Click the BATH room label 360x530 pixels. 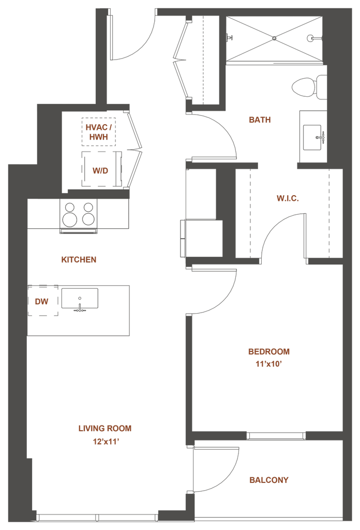(x=260, y=120)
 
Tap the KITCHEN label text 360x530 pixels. (x=79, y=259)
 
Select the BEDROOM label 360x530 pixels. (x=269, y=351)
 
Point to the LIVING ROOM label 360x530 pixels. (x=105, y=428)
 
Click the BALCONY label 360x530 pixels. (x=269, y=479)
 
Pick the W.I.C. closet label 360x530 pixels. (x=288, y=198)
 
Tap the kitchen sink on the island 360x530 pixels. (x=80, y=300)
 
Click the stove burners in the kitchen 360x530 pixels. (x=79, y=214)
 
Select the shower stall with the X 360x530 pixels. (x=275, y=39)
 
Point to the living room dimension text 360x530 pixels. (x=106, y=441)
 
